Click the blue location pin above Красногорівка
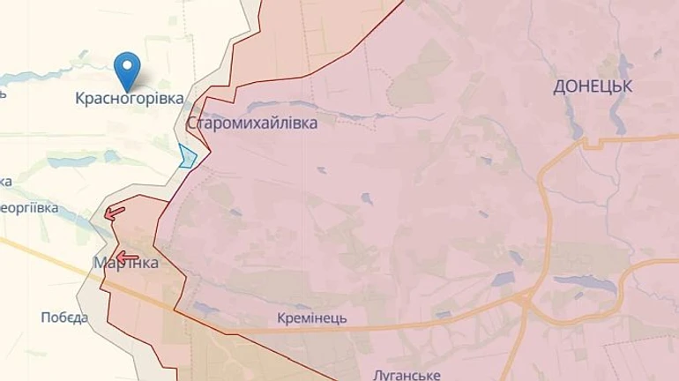(x=130, y=68)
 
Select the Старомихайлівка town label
(x=252, y=123)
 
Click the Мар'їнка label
(x=125, y=264)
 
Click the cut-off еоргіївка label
(x=28, y=208)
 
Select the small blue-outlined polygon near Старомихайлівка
(x=188, y=156)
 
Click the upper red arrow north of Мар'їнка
(x=114, y=212)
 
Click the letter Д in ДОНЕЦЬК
(x=560, y=86)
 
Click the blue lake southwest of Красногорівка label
(x=63, y=162)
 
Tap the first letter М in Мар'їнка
(x=99, y=264)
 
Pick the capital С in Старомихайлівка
(x=192, y=123)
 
